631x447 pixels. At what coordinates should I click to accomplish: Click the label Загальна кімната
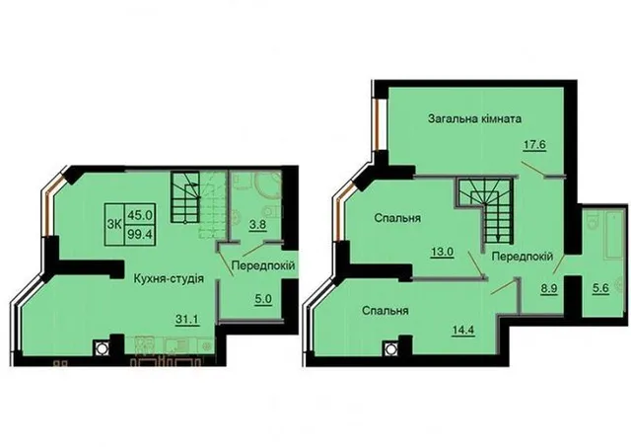[475, 119]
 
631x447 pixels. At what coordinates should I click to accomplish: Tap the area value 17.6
[534, 144]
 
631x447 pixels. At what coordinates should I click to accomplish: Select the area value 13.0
[443, 252]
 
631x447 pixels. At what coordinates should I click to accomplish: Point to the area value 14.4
[463, 331]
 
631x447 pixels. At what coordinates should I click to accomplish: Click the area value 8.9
[549, 289]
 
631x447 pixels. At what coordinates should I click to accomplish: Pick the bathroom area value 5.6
[601, 289]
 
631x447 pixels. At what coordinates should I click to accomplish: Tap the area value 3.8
[257, 224]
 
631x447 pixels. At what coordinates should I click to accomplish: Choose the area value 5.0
[263, 300]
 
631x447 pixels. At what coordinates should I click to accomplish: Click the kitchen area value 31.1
[187, 320]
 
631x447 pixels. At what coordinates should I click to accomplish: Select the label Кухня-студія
[169, 278]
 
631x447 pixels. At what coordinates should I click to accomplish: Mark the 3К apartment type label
[114, 225]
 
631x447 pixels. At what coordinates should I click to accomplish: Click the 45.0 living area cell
[140, 215]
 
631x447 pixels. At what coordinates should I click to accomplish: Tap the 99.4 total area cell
[140, 234]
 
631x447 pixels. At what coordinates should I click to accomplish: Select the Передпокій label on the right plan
[523, 257]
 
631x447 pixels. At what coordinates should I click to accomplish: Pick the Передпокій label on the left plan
[263, 265]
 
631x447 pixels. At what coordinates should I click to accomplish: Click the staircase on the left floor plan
[185, 197]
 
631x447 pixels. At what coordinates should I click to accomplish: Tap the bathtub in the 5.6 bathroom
[613, 233]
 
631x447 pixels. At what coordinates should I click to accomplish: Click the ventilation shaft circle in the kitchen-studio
[101, 348]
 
